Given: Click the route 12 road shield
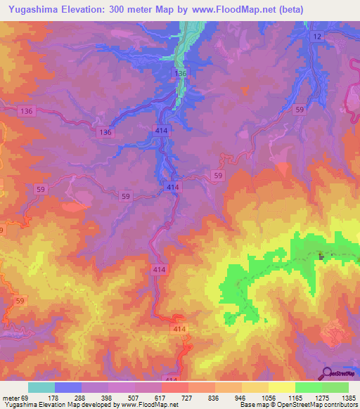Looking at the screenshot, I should [x=318, y=36].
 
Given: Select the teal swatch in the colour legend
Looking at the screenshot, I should [x=41, y=387].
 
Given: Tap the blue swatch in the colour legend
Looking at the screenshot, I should [x=68, y=387].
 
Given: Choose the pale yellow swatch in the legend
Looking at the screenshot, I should [x=282, y=387].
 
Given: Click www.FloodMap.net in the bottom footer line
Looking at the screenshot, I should [x=146, y=405].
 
